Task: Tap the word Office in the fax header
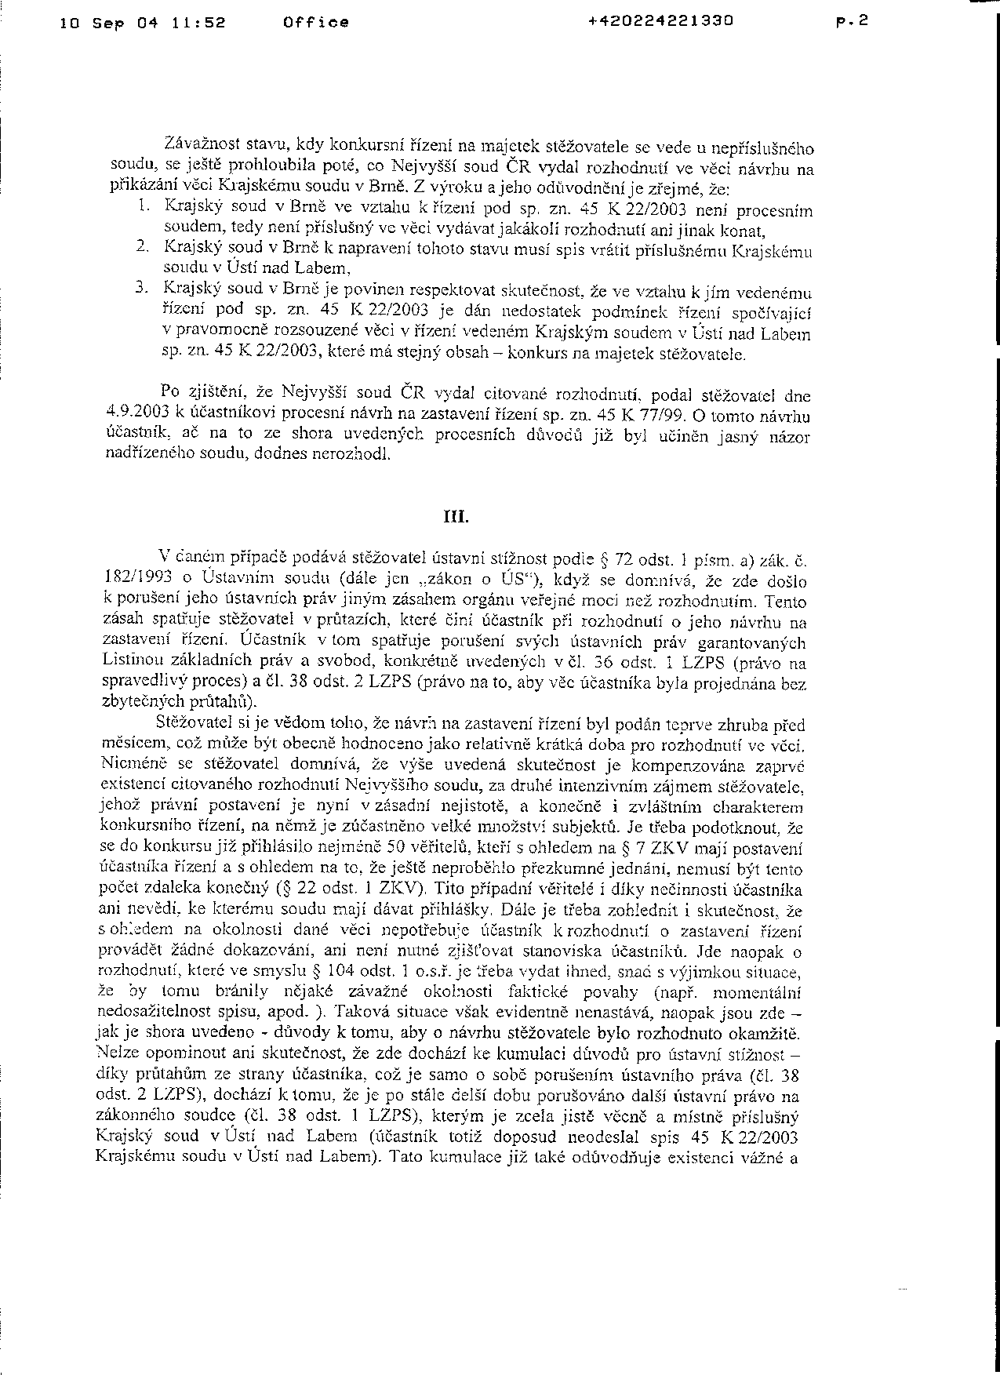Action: click(316, 23)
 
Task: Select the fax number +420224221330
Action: click(660, 21)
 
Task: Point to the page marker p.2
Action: click(853, 22)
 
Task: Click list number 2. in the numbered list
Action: click(141, 246)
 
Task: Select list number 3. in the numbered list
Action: click(141, 288)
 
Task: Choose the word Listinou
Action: click(130, 661)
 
